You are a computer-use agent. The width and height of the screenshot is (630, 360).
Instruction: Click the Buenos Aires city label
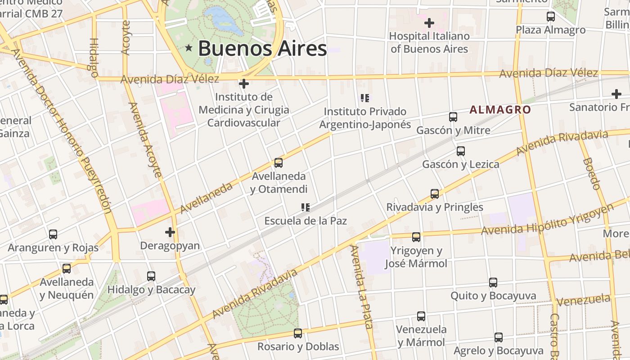(x=262, y=48)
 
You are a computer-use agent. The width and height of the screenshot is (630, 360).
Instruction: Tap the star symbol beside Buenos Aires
(x=189, y=48)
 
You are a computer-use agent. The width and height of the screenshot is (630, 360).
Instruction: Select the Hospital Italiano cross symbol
(x=429, y=22)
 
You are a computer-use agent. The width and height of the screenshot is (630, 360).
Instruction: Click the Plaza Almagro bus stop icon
(x=550, y=17)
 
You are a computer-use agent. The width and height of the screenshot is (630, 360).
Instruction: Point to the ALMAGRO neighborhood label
(x=500, y=109)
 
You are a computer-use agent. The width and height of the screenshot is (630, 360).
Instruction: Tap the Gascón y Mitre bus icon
(x=453, y=117)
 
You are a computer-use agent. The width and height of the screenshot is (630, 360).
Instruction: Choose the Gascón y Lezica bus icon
(x=460, y=151)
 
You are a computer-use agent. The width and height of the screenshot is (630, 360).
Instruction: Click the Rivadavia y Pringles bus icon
(x=435, y=194)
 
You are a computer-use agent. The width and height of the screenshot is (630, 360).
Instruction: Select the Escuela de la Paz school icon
(x=306, y=207)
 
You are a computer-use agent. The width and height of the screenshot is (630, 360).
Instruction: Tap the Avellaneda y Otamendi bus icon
(x=279, y=163)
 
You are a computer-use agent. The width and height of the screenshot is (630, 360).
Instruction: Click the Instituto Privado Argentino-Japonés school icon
(x=365, y=98)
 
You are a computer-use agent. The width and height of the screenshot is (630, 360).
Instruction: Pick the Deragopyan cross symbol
(x=170, y=232)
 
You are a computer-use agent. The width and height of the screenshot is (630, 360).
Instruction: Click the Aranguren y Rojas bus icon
(x=53, y=234)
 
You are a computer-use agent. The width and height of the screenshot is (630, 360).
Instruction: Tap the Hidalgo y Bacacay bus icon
(x=151, y=276)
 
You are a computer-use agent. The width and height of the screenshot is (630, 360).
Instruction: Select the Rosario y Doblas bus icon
(x=298, y=333)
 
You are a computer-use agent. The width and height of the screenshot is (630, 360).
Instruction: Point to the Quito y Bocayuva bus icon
(x=493, y=283)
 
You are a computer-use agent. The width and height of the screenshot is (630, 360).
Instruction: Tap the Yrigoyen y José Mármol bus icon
(x=416, y=237)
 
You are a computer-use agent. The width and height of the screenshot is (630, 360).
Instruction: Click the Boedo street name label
(x=592, y=174)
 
